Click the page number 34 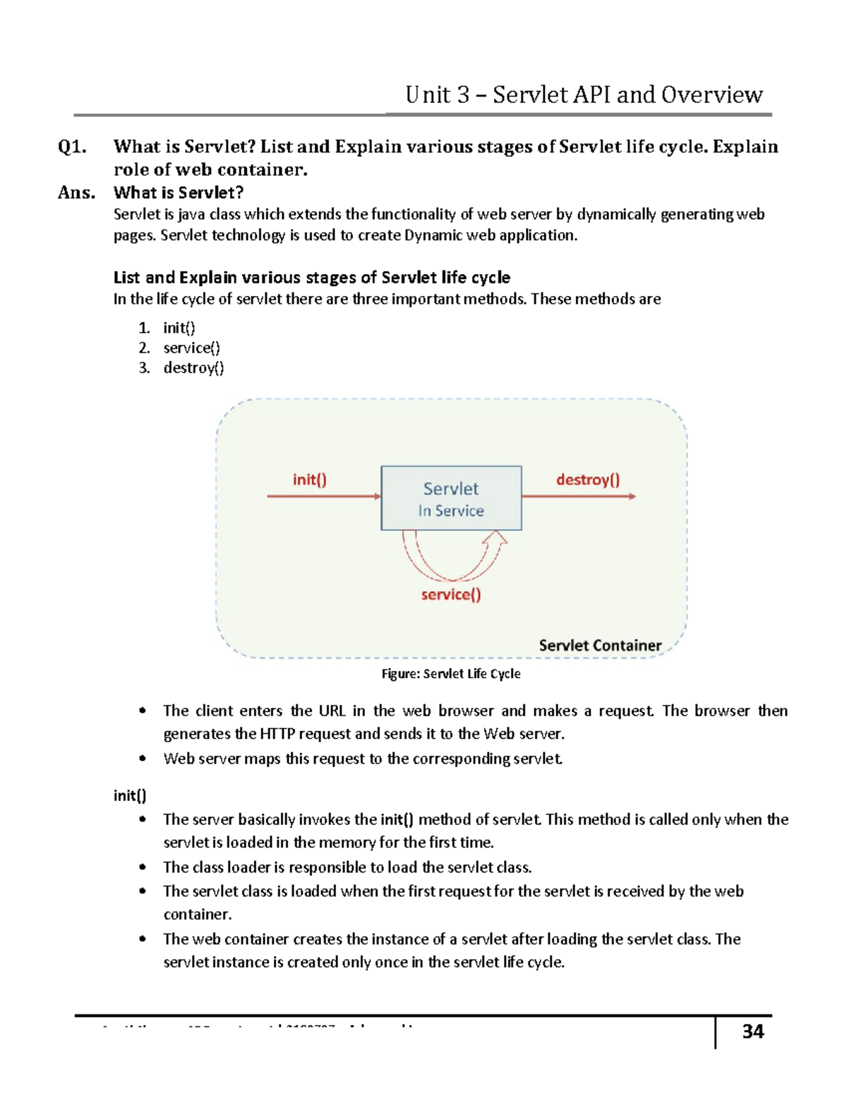752,1031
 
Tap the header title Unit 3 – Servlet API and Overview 584,95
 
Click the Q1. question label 73,147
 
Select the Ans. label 76,193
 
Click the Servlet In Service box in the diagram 451,498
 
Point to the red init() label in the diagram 310,480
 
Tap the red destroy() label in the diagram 588,480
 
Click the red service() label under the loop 451,594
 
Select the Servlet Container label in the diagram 600,645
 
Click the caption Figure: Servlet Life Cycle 451,674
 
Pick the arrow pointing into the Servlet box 323,497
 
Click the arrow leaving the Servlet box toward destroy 579,497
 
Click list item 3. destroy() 181,367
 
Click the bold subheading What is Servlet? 179,193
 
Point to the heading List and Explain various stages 311,278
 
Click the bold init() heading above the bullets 130,795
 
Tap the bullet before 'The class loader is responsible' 143,867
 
